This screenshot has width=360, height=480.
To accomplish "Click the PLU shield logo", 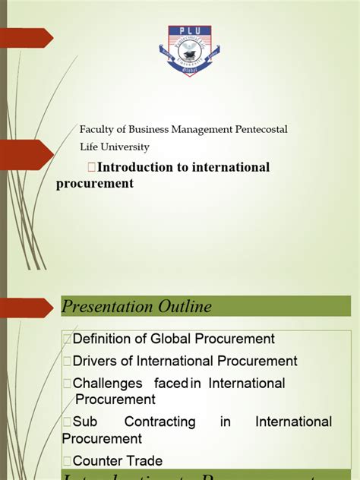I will point(189,50).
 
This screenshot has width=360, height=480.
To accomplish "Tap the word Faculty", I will point(97,130).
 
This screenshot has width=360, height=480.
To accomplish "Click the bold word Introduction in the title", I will point(124,167).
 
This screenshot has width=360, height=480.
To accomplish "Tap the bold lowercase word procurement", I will point(94,183).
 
